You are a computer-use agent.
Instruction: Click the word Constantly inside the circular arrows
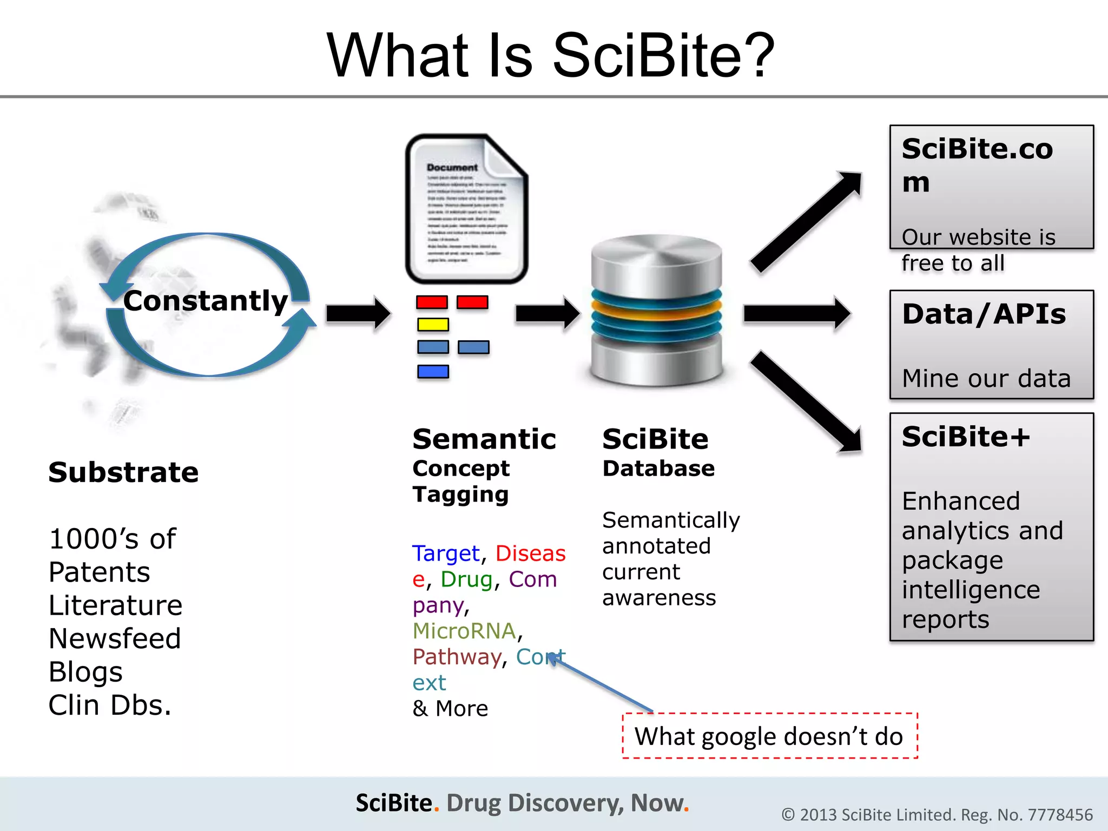(x=205, y=301)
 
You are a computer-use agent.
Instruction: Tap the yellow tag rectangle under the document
(x=433, y=325)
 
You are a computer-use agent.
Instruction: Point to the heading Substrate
(x=123, y=472)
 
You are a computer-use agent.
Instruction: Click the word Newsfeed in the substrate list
(x=115, y=638)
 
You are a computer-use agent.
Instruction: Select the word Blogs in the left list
(x=85, y=672)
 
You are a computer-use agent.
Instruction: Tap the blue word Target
(x=446, y=553)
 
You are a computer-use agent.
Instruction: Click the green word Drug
(x=466, y=579)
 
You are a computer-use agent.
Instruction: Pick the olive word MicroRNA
(x=464, y=631)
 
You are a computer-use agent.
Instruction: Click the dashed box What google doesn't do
(x=769, y=736)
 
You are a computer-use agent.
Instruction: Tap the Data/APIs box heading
(x=984, y=314)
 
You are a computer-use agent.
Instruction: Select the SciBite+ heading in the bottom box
(x=966, y=437)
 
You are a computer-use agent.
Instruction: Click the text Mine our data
(x=986, y=378)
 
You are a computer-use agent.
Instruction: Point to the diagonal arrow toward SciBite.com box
(x=806, y=222)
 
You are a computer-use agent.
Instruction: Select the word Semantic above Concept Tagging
(x=484, y=439)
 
